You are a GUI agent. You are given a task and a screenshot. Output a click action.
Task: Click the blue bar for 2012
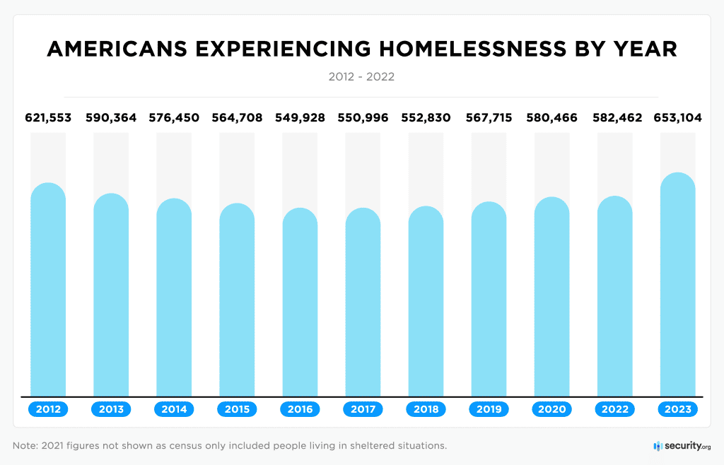coord(48,290)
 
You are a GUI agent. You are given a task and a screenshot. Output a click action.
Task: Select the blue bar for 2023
coord(677,285)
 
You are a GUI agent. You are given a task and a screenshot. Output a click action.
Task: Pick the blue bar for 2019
coord(489,300)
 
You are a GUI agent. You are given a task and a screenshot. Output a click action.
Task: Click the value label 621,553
coord(48,118)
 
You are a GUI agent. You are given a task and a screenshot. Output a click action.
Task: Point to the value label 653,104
coord(677,118)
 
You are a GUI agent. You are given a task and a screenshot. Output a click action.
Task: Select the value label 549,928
coord(300,118)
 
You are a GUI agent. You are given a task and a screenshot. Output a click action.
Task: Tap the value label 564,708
coord(237,118)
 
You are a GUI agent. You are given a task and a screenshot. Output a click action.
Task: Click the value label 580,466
coord(551,118)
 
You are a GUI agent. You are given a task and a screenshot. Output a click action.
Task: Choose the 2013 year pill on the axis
coord(111,409)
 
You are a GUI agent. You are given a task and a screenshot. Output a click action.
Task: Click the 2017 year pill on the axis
coord(363,409)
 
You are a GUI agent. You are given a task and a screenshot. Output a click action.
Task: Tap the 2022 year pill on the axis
coord(614,409)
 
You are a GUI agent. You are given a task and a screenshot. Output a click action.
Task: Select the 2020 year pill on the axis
coord(551,409)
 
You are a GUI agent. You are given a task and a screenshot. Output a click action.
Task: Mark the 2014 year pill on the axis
coord(174,409)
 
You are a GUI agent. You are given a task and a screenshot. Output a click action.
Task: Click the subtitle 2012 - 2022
coord(361,76)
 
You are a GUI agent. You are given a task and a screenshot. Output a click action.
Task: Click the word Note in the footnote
coord(25,446)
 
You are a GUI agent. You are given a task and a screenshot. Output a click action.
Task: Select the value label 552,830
coord(426,118)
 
